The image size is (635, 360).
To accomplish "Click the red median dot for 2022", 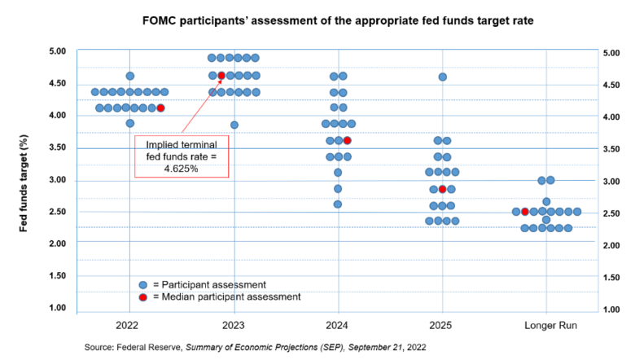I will tap(160, 108).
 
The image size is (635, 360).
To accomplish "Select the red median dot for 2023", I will tap(221, 76).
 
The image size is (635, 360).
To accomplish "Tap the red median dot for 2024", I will tap(348, 140).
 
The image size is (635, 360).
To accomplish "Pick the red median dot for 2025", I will tap(442, 189).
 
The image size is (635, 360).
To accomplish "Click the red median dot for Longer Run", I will tap(524, 212).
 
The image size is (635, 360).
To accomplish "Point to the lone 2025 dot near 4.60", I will tap(442, 77).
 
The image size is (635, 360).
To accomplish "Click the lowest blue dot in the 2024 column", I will tap(338, 204).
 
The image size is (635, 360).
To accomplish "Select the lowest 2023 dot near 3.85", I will tap(234, 125).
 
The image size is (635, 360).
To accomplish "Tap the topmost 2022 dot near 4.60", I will tap(130, 76).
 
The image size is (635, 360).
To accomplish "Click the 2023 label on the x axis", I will tap(234, 323).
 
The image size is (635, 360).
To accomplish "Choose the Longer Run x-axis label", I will tap(545, 323).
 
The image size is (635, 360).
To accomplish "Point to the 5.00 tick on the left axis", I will tap(56, 51).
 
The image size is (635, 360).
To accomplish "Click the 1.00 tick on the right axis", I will tap(613, 310).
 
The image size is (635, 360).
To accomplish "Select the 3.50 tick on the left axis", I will tap(56, 147).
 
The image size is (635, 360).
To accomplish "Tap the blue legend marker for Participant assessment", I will tap(143, 284).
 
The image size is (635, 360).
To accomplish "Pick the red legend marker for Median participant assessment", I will tap(143, 297).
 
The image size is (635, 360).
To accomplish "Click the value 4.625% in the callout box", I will tap(182, 168).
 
